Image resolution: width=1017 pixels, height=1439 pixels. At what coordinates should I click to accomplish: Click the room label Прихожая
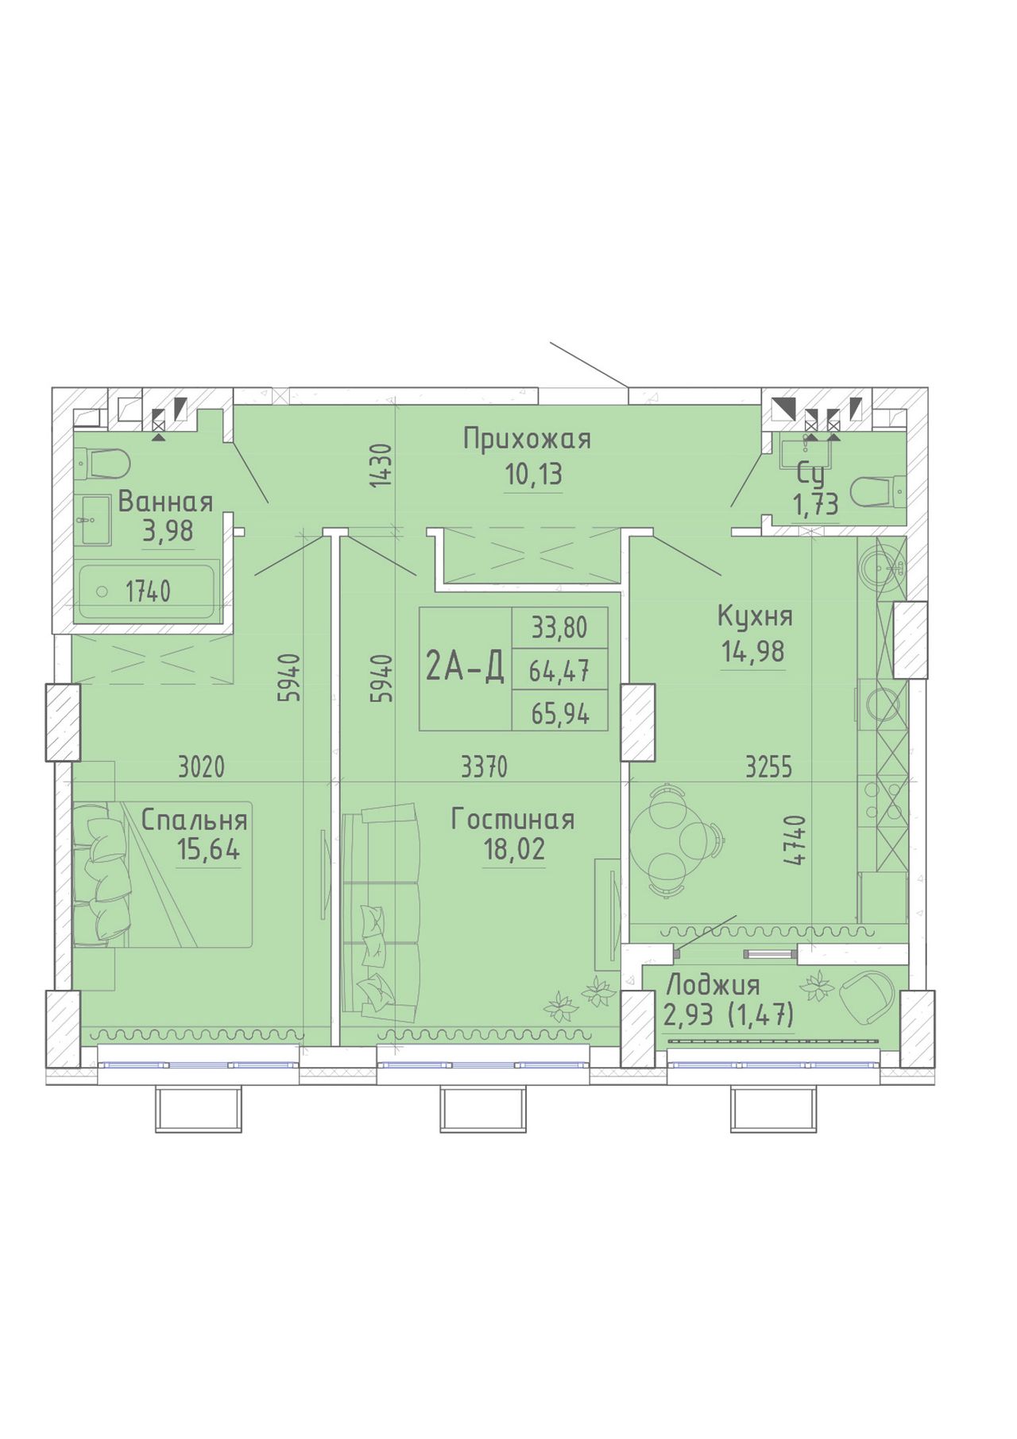pyautogui.click(x=528, y=439)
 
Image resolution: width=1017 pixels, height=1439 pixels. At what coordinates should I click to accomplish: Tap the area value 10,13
pyautogui.click(x=533, y=475)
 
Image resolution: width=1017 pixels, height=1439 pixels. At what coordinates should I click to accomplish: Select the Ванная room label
pyautogui.click(x=165, y=502)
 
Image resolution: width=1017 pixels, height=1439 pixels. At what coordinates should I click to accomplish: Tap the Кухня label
pyautogui.click(x=755, y=616)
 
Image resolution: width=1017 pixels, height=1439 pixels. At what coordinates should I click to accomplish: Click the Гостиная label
pyautogui.click(x=512, y=820)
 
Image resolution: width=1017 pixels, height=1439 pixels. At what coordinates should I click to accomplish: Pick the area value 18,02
pyautogui.click(x=514, y=850)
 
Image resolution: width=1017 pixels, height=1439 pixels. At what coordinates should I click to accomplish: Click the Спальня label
pyautogui.click(x=195, y=820)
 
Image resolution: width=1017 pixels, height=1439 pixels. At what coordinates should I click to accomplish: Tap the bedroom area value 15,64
pyautogui.click(x=208, y=850)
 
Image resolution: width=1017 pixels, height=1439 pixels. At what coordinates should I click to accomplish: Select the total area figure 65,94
pyautogui.click(x=560, y=714)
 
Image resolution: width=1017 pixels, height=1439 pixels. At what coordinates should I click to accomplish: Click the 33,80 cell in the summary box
pyautogui.click(x=560, y=628)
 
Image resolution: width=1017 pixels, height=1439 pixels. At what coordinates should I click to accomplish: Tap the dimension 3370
pyautogui.click(x=484, y=767)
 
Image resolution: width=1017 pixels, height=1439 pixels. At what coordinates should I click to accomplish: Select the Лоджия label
pyautogui.click(x=713, y=986)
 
